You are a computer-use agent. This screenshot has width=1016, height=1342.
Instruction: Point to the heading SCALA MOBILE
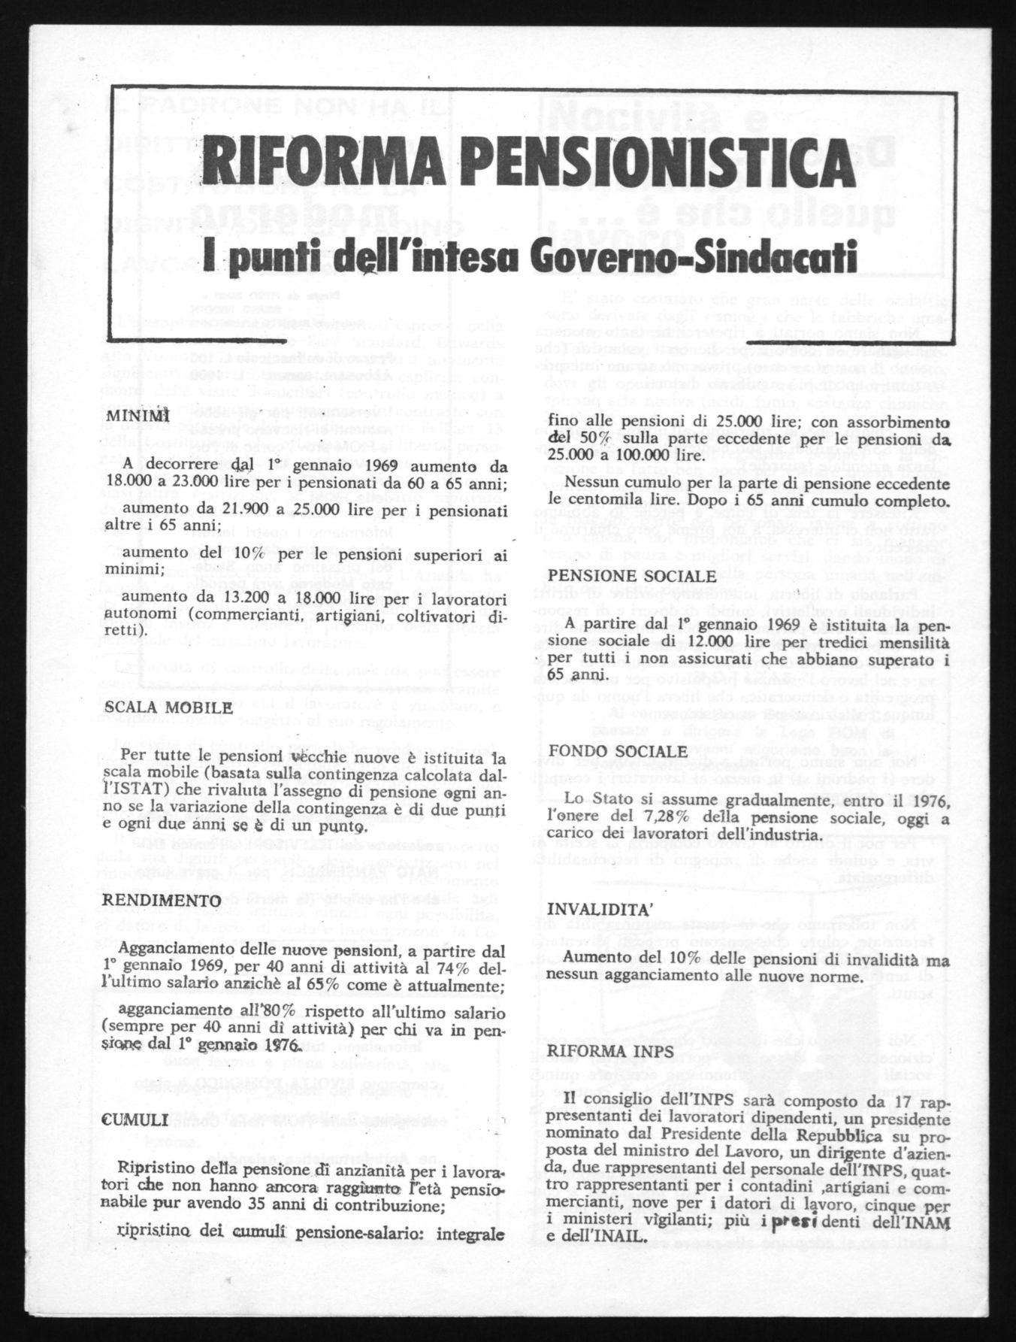click(x=168, y=707)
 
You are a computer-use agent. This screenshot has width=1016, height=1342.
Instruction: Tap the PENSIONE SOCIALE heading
click(x=630, y=575)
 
